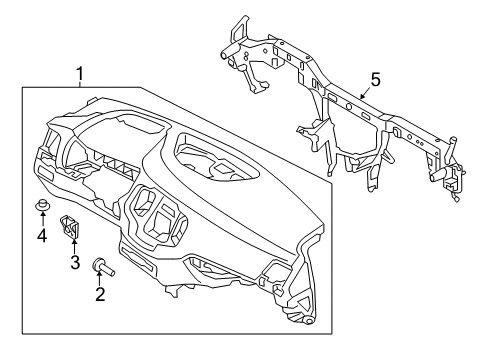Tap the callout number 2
99,295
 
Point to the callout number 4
41,236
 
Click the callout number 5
376,77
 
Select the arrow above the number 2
99,280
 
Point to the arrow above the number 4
41,221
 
